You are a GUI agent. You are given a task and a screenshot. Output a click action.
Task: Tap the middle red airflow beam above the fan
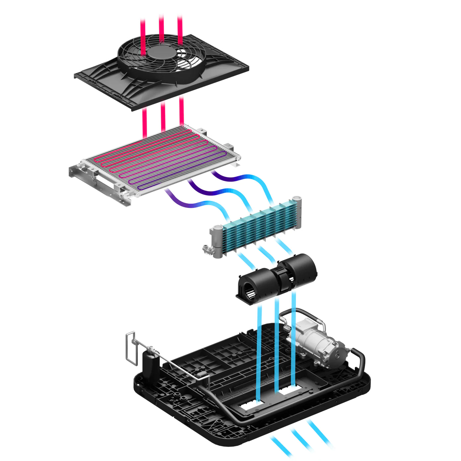point(162,27)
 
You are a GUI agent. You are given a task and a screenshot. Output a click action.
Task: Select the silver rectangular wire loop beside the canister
point(131,348)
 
